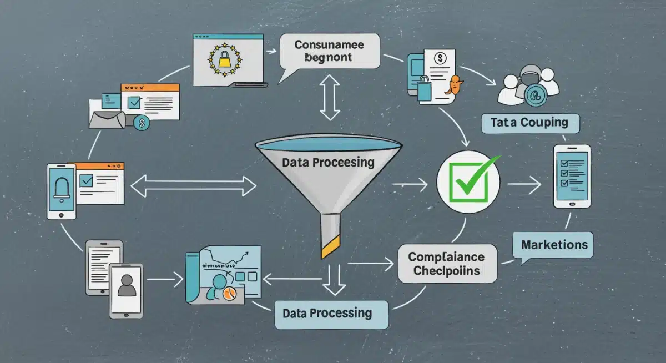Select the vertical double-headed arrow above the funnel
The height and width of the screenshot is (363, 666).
(330, 98)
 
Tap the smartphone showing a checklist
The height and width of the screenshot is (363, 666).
(572, 176)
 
